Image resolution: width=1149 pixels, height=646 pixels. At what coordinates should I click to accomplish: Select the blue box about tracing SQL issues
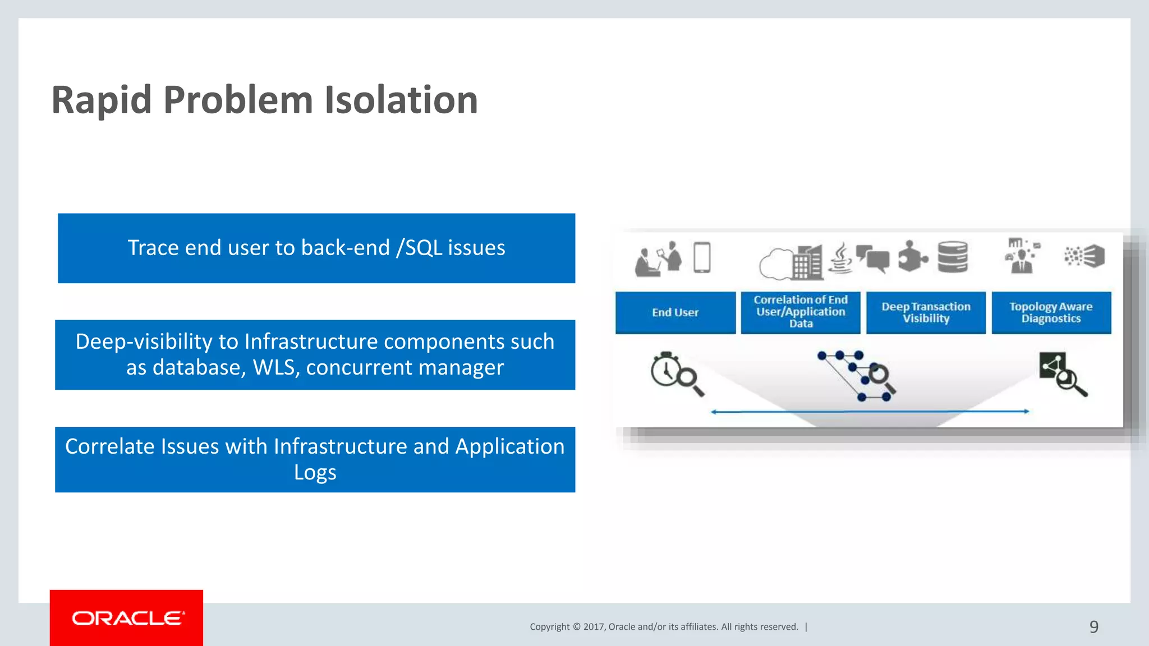tap(316, 248)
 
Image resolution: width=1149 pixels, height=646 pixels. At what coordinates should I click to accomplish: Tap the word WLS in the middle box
tap(271, 368)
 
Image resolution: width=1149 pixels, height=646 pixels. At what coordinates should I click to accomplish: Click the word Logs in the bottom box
tap(315, 472)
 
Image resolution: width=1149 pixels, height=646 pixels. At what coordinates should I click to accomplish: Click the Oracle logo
tap(127, 618)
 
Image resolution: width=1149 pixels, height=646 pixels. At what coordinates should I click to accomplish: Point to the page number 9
tap(1093, 626)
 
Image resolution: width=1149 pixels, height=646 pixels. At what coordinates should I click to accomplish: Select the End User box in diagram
tap(675, 312)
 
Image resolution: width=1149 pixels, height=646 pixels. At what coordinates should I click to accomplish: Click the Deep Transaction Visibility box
tap(926, 312)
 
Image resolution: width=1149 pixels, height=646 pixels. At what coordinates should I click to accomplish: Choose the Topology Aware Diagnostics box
tap(1051, 312)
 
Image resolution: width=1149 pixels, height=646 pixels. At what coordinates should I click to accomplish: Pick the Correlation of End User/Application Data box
tap(800, 312)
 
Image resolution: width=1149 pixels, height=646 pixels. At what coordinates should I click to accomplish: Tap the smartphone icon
tap(702, 257)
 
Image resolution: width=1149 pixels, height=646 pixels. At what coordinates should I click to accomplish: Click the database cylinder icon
tap(953, 257)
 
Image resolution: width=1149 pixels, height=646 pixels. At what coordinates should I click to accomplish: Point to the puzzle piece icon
tap(912, 257)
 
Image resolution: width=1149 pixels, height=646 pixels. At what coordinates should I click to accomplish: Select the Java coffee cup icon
tap(840, 259)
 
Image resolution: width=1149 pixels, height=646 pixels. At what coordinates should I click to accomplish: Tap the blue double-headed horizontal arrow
tap(870, 412)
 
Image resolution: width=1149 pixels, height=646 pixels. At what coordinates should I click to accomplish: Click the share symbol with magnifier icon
tap(1062, 373)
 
